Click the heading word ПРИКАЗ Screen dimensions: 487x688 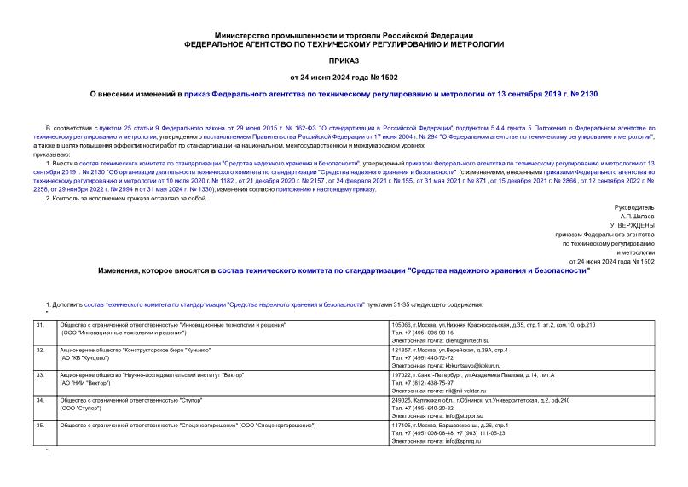pyautogui.click(x=344, y=61)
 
